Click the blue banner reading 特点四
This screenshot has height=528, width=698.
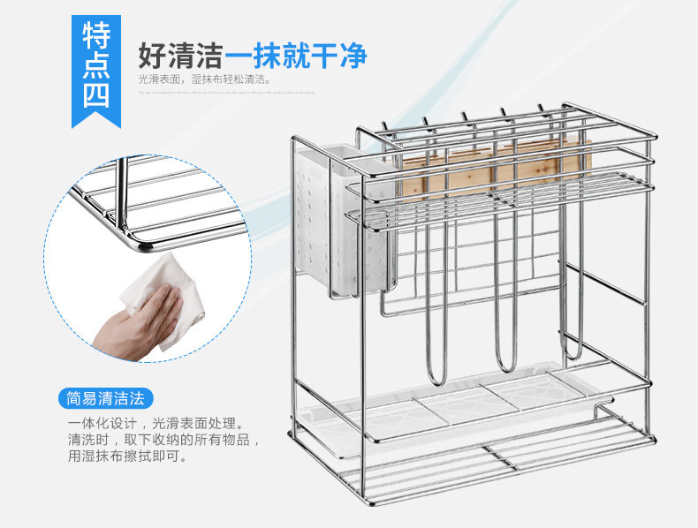(96, 66)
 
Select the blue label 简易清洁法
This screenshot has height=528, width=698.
(106, 397)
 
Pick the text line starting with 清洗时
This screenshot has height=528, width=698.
(163, 440)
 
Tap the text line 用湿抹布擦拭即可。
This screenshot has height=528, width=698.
(127, 456)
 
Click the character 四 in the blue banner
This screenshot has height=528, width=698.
(96, 95)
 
